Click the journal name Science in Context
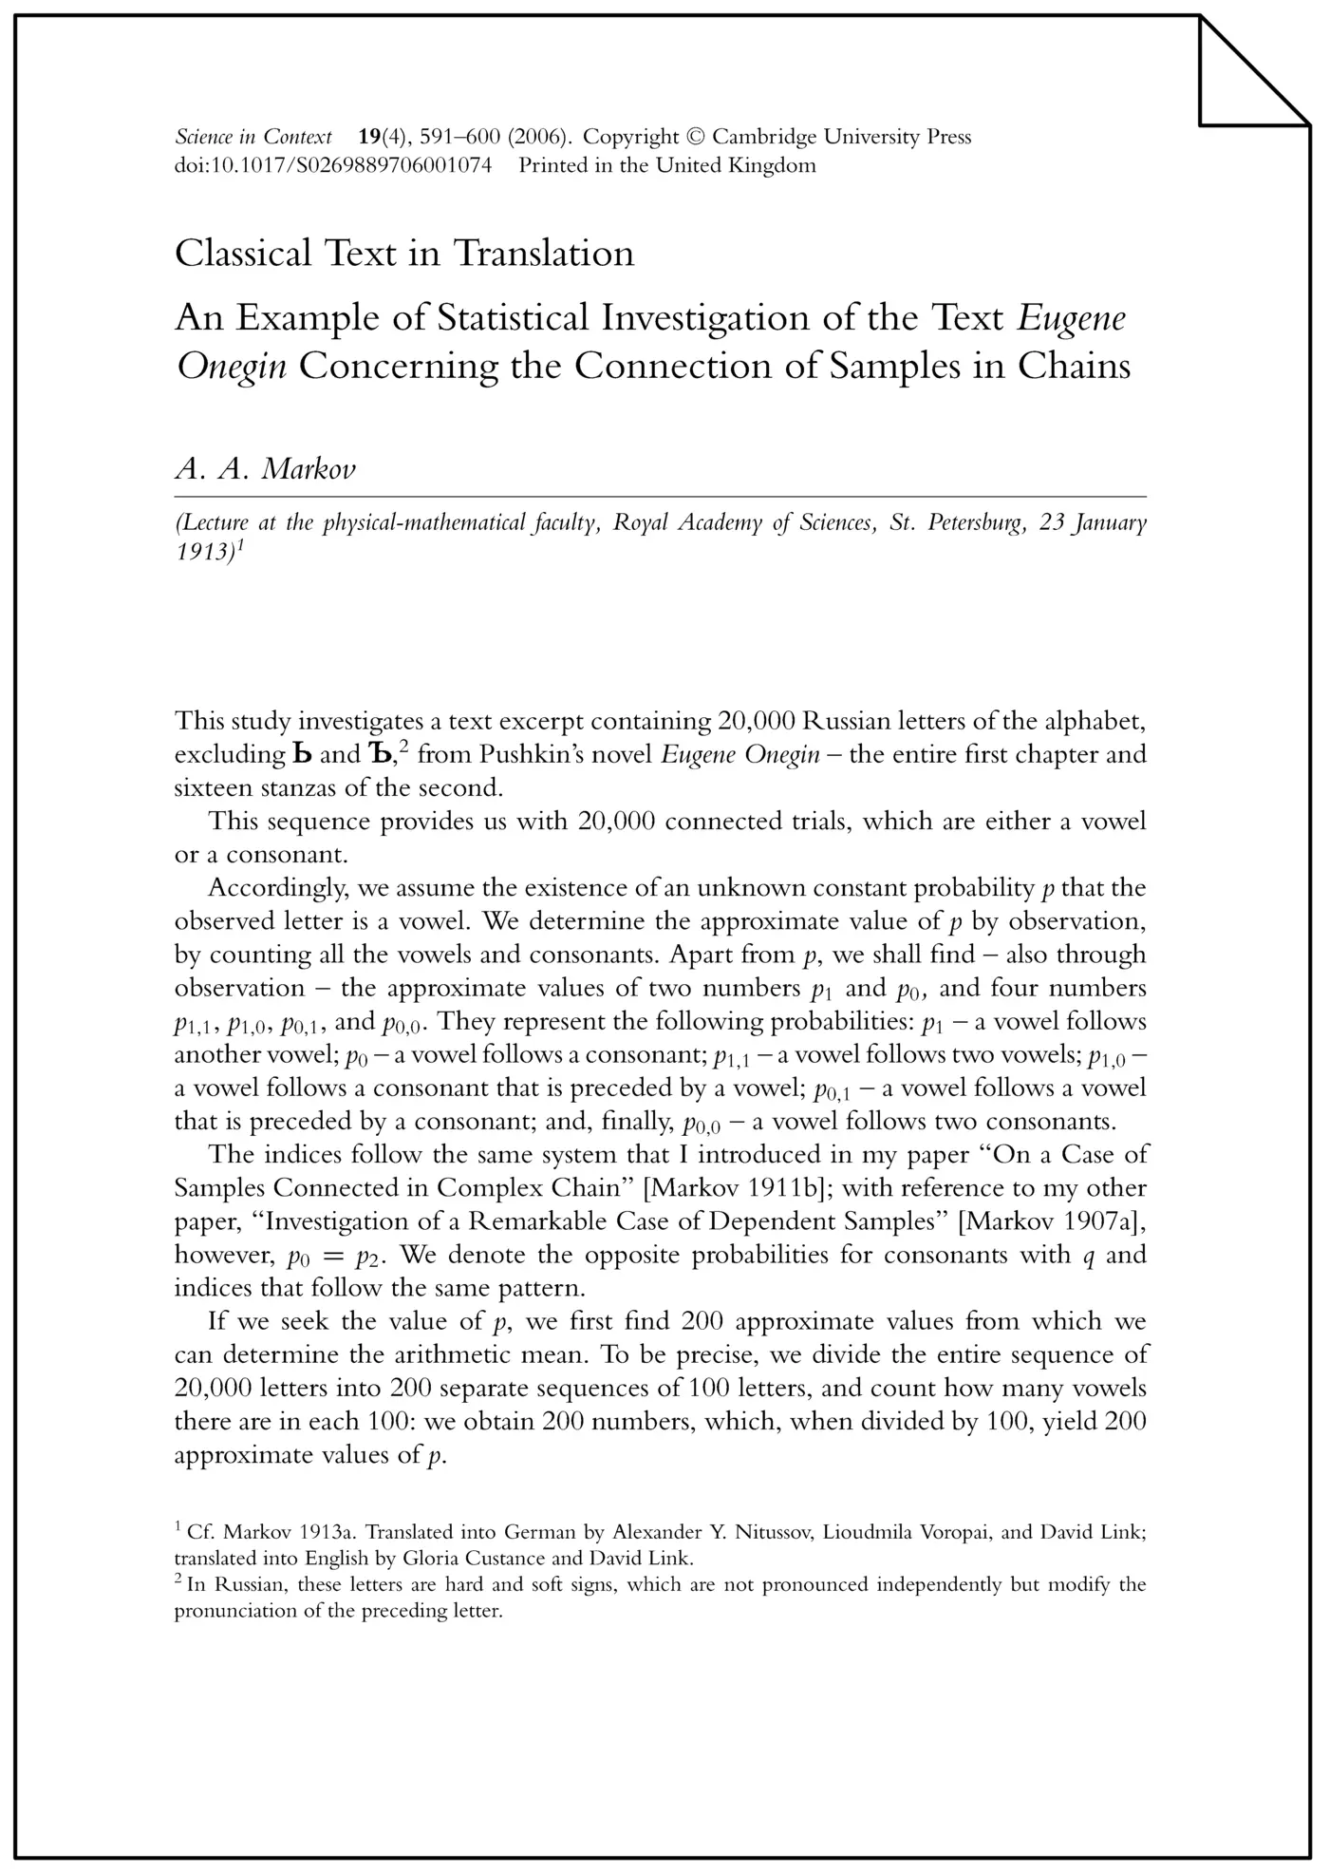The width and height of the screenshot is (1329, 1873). (x=253, y=137)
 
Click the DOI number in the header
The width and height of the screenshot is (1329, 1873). (x=333, y=165)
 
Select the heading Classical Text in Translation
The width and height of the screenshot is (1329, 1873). (x=404, y=254)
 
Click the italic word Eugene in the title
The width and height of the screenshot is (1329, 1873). (x=1072, y=317)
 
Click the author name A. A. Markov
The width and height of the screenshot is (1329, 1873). (x=265, y=469)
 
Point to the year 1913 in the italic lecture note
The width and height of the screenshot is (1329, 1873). (x=203, y=552)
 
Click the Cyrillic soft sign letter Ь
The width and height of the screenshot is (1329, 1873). (x=301, y=755)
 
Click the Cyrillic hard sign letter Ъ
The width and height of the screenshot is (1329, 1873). (x=377, y=755)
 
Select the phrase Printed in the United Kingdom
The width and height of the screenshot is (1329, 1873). (x=666, y=165)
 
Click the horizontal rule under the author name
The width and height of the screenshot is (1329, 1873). (x=660, y=497)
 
